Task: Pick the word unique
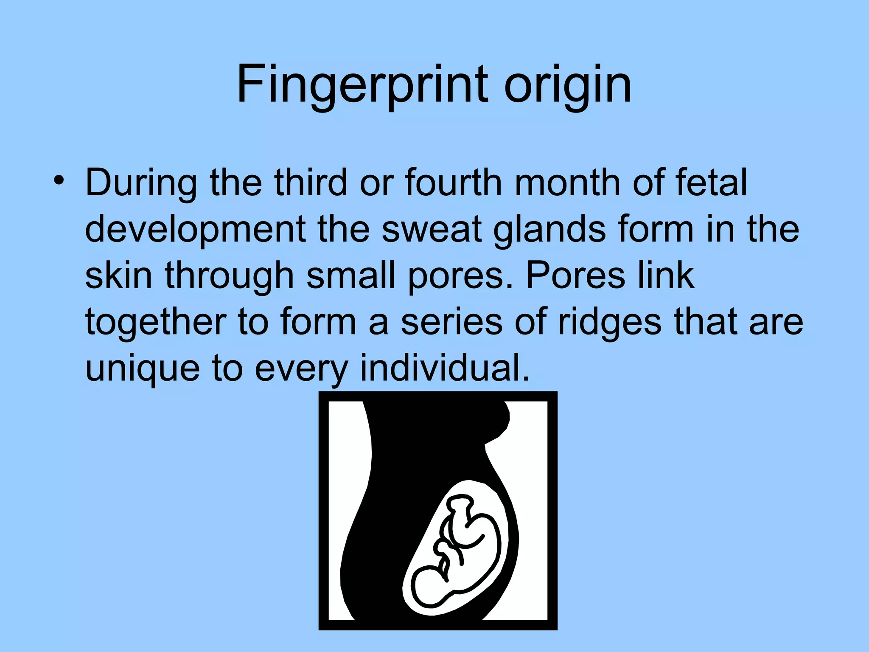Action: coord(143,368)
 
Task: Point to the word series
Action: coord(452,322)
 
